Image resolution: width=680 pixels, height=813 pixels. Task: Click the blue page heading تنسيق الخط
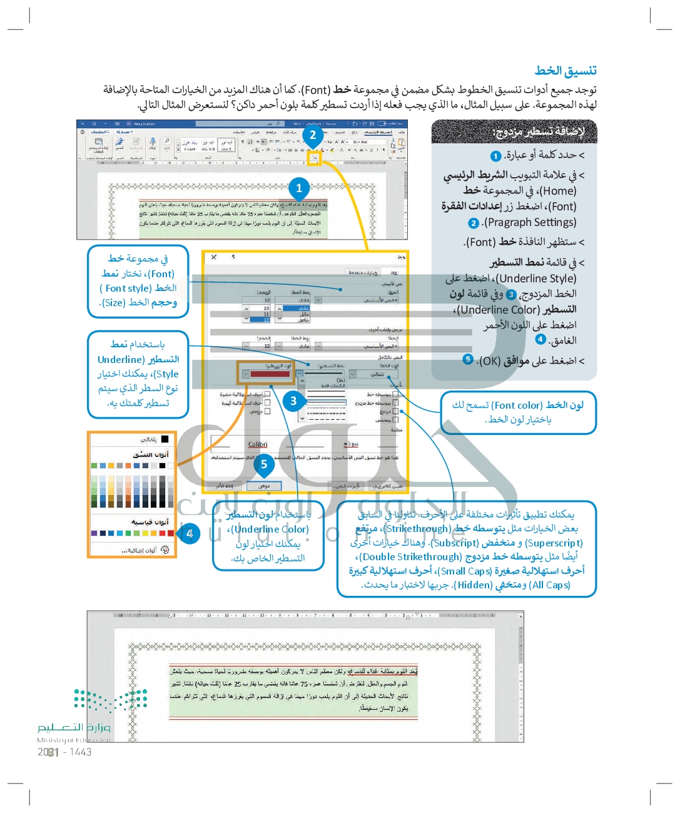click(565, 71)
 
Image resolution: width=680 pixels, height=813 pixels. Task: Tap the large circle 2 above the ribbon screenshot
click(313, 135)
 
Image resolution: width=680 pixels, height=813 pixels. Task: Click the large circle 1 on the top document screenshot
click(299, 188)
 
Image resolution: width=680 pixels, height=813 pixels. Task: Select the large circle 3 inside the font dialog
click(293, 401)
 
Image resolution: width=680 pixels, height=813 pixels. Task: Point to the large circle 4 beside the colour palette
click(190, 534)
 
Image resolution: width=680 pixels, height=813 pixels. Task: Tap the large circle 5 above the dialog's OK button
click(264, 464)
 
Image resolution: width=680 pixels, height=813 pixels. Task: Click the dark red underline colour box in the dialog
click(270, 374)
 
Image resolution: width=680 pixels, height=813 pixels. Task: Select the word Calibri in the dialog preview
click(258, 444)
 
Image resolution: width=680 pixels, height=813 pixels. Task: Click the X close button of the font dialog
click(214, 257)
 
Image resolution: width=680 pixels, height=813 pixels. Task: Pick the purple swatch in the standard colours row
click(94, 533)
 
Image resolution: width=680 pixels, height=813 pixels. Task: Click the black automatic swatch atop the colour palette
click(165, 439)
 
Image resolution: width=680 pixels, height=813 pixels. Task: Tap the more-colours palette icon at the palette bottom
click(165, 550)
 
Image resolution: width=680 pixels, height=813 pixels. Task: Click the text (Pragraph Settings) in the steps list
click(530, 222)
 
